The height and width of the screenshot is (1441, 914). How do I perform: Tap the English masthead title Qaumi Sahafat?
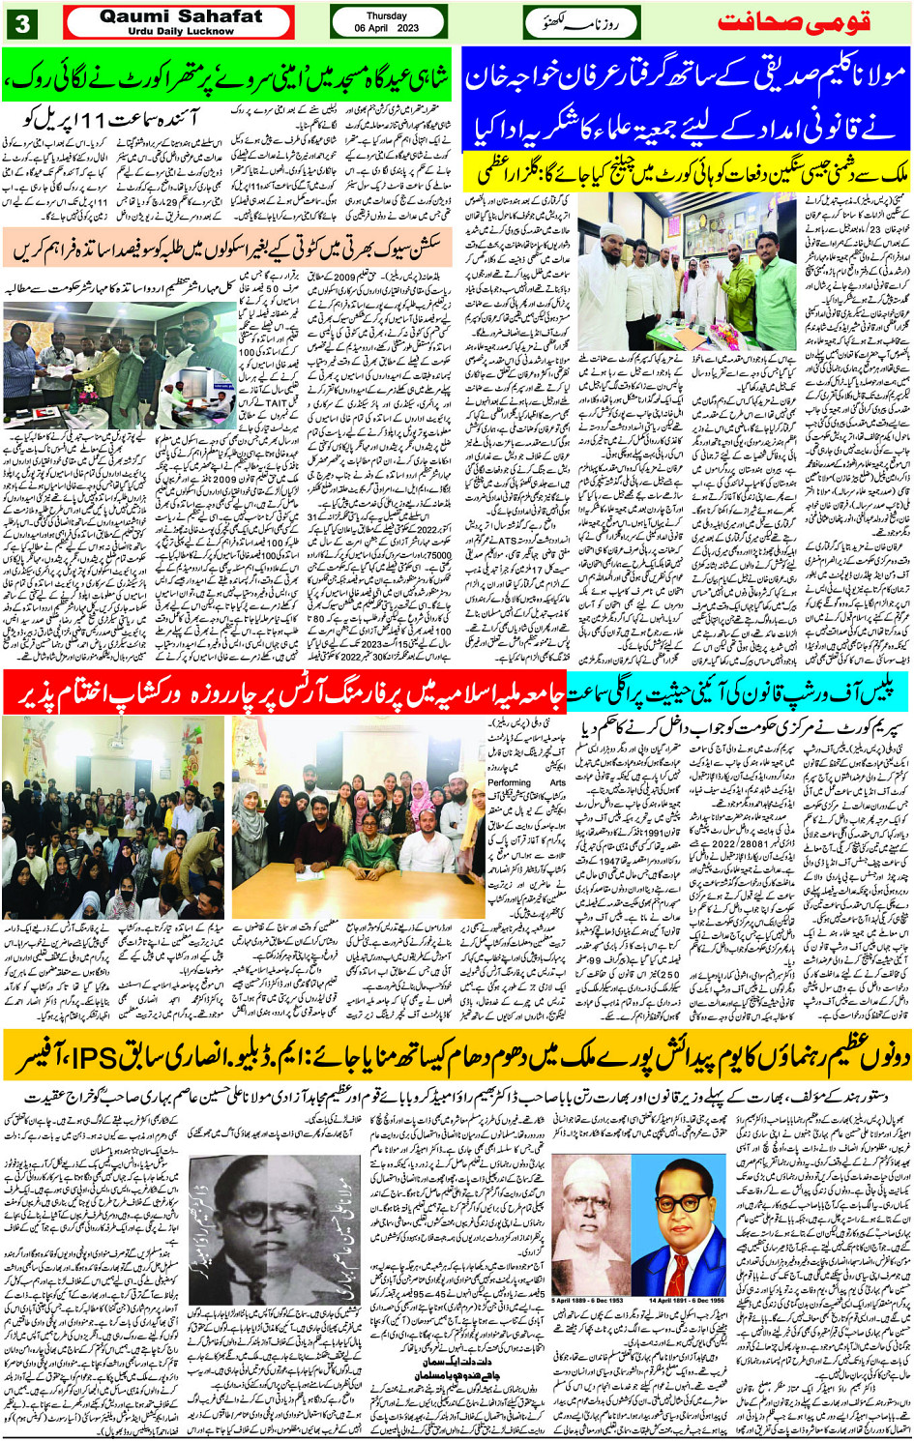click(181, 16)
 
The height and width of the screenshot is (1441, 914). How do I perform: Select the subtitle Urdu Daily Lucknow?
click(181, 31)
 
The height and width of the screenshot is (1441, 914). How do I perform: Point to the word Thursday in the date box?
click(386, 16)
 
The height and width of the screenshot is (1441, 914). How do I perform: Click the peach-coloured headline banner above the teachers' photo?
click(230, 249)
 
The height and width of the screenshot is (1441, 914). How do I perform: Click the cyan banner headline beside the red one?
click(738, 693)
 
